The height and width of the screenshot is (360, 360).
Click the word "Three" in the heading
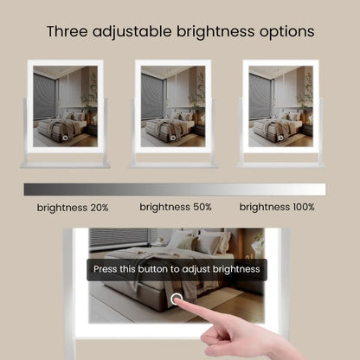pyautogui.click(x=67, y=32)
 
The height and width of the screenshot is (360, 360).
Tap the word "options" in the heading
pyautogui.click(x=284, y=32)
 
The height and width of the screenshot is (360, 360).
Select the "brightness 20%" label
pyautogui.click(x=73, y=208)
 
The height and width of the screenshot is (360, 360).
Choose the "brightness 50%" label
pyautogui.click(x=176, y=207)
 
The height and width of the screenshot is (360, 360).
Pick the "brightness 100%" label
pyautogui.click(x=277, y=207)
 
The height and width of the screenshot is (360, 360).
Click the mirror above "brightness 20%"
pyautogui.click(x=65, y=107)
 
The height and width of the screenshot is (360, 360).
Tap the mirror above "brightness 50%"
pyautogui.click(x=173, y=107)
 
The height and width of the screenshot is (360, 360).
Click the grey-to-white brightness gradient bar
pyautogui.click(x=174, y=190)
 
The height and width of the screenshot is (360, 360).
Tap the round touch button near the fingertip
pyautogui.click(x=177, y=299)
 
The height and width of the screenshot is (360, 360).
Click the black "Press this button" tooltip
pyautogui.click(x=177, y=270)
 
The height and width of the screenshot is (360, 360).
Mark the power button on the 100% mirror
pyautogui.click(x=280, y=138)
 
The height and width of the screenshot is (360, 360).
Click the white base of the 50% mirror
pyautogui.click(x=173, y=164)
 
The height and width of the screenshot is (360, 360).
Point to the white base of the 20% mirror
pyautogui.click(x=65, y=164)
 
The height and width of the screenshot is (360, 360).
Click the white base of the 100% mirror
pyautogui.click(x=280, y=164)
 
